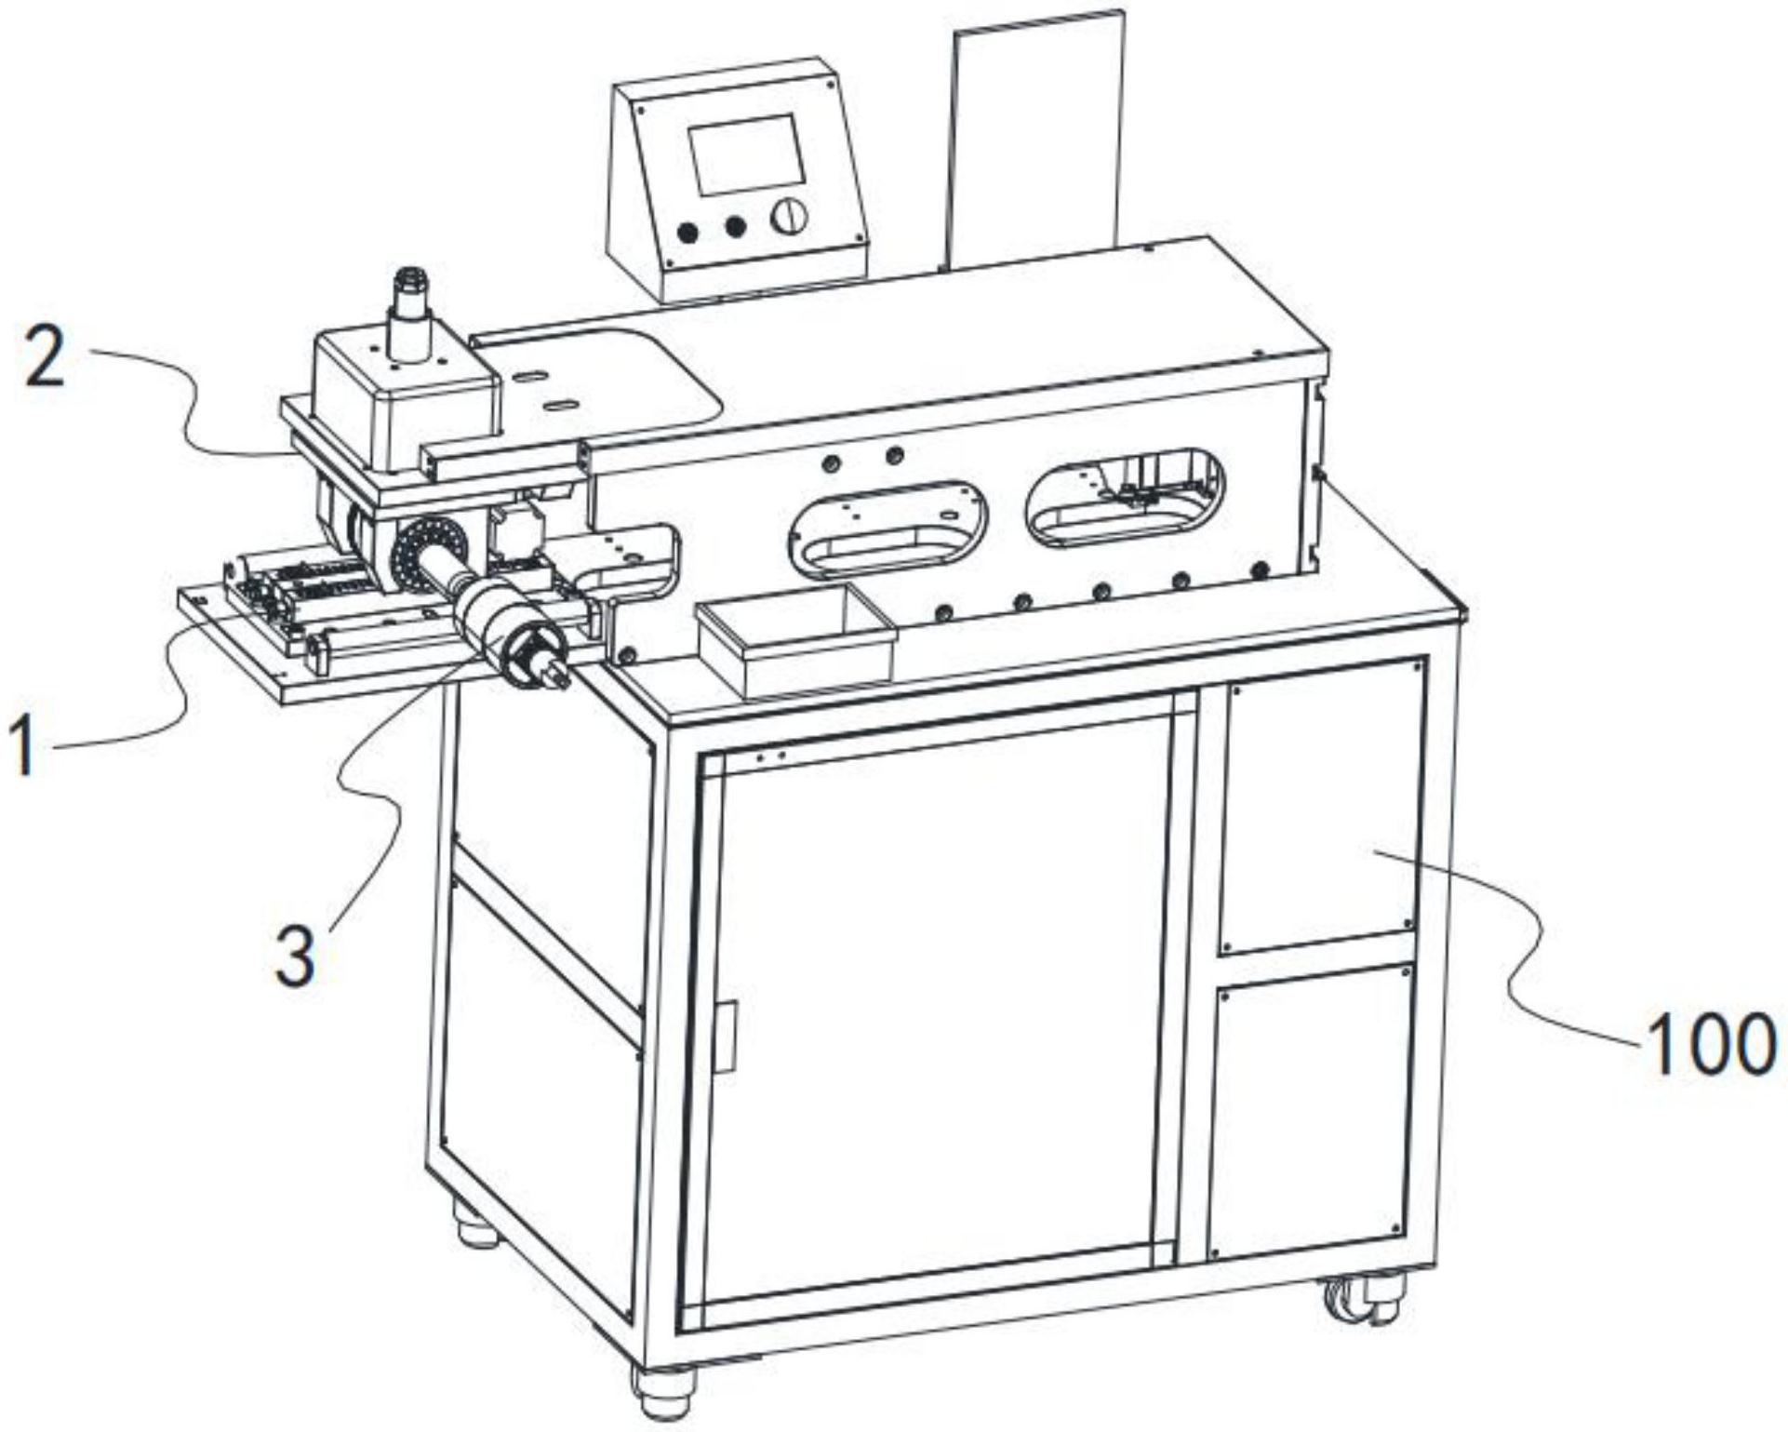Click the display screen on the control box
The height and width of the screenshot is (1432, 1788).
click(x=746, y=154)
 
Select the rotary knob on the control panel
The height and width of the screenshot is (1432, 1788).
click(x=789, y=217)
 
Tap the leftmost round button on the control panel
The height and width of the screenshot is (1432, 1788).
click(x=688, y=233)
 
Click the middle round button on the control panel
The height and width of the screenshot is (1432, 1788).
click(x=736, y=226)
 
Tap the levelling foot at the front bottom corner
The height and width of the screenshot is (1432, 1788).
click(x=662, y=1391)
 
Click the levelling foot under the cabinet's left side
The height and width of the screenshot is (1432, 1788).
click(x=476, y=1224)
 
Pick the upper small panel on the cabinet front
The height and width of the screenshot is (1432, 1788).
click(x=1320, y=805)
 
